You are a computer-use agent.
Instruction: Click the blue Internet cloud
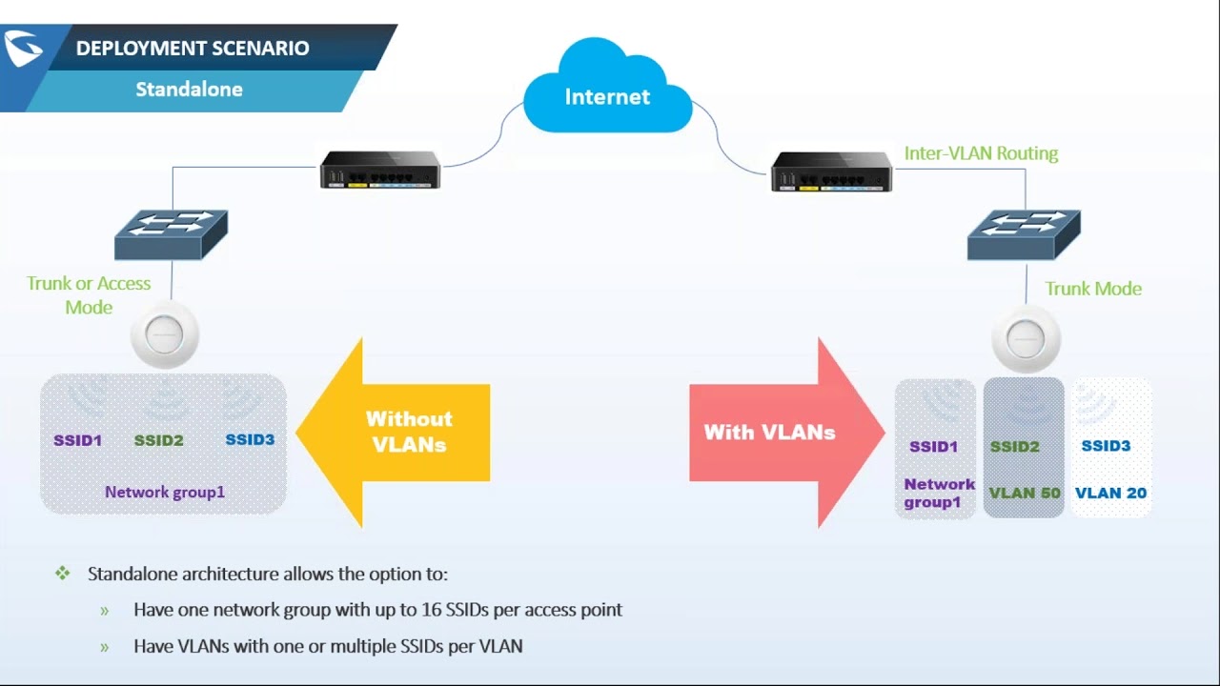607,93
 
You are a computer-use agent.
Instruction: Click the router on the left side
380,171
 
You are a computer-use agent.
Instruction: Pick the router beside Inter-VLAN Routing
831,171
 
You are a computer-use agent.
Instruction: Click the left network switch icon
172,235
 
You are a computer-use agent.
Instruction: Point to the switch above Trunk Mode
1024,235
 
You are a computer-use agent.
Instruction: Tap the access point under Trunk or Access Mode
165,336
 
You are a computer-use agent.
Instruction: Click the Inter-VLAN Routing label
981,153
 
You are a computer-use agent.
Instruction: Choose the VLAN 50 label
1025,493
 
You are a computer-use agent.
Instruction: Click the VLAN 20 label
1110,493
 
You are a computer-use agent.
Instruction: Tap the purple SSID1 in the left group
77,440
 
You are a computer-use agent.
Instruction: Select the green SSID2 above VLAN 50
1014,446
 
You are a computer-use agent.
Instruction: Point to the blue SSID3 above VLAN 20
1106,446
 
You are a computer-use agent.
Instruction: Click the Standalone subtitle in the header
189,90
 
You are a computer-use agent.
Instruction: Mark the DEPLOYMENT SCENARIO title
193,49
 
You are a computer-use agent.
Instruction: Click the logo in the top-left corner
22,49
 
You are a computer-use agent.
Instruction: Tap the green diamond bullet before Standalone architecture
63,574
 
